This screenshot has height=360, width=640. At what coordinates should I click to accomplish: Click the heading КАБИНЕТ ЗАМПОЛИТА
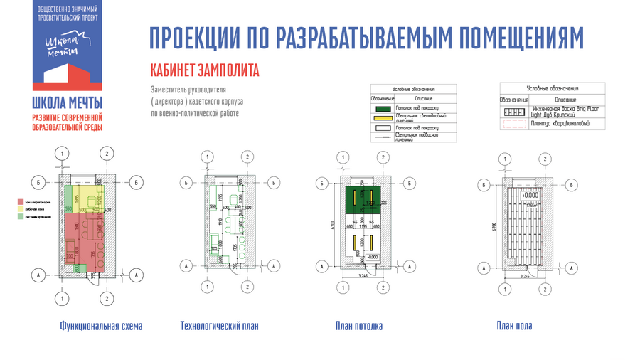(204, 71)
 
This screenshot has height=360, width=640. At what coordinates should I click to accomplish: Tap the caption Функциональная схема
(102, 327)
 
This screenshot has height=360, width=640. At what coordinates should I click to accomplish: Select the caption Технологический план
(219, 327)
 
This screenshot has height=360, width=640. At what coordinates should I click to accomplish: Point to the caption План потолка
(359, 327)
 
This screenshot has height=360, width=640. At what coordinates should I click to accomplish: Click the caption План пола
(514, 327)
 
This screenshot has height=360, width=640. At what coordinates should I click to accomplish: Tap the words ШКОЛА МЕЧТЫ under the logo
(68, 102)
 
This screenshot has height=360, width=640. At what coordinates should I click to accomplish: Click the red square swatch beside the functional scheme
(22, 202)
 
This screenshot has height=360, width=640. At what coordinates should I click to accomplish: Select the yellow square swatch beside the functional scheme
(22, 209)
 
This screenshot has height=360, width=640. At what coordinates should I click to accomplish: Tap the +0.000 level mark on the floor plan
(529, 194)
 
